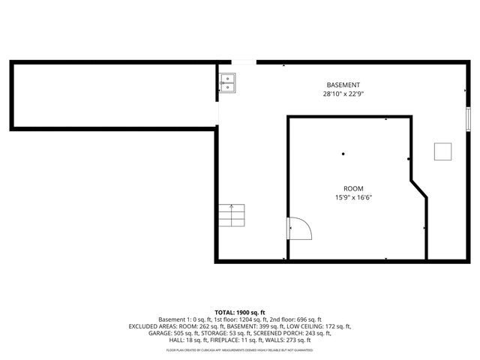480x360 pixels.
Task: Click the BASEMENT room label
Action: (x=343, y=85)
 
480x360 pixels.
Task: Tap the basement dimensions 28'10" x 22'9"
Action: (x=343, y=94)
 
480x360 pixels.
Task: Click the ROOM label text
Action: (x=353, y=188)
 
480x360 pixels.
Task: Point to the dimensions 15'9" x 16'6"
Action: (x=353, y=198)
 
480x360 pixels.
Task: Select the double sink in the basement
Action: (x=227, y=82)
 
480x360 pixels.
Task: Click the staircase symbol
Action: (x=232, y=216)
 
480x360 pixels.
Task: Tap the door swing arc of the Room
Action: (x=298, y=227)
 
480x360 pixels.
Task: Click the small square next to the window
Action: (x=442, y=151)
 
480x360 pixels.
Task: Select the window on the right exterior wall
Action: (x=468, y=118)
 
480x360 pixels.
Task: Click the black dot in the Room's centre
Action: (x=343, y=154)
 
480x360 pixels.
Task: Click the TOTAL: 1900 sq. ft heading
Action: (x=240, y=312)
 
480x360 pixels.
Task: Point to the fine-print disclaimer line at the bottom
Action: (x=240, y=349)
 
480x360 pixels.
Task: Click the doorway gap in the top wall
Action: (x=243, y=62)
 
